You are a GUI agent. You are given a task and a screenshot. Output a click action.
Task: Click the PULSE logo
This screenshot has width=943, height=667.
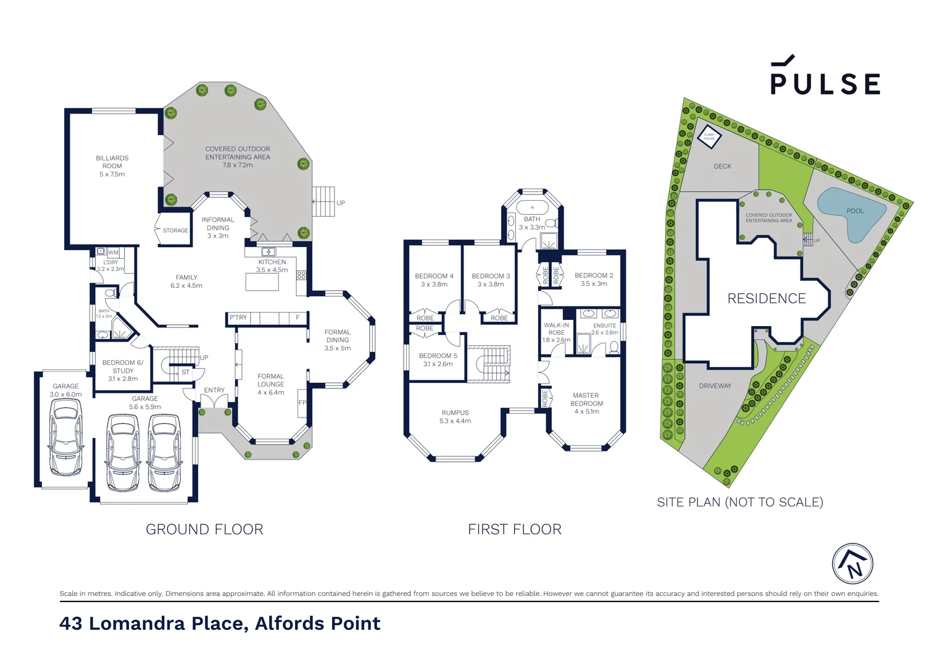tap(825, 77)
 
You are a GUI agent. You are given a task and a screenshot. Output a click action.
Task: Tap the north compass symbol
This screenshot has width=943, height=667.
tap(852, 564)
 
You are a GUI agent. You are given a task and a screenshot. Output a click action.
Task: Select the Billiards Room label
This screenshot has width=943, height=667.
tap(112, 166)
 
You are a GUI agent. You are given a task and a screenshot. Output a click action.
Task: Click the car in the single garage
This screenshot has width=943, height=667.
tap(65, 436)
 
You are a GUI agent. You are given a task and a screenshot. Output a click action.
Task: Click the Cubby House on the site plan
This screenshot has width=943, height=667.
tap(709, 136)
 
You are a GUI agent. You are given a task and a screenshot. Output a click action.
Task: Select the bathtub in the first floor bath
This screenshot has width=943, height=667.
tap(532, 207)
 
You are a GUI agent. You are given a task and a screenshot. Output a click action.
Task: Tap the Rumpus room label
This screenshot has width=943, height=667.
tap(455, 417)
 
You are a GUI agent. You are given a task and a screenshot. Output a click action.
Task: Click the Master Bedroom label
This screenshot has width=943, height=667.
tap(586, 403)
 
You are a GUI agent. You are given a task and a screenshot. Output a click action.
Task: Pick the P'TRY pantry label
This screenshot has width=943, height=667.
tap(238, 317)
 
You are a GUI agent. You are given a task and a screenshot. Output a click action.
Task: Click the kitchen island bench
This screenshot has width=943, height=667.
tap(262, 282)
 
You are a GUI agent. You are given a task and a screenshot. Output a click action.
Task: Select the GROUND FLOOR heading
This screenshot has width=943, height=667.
tap(204, 529)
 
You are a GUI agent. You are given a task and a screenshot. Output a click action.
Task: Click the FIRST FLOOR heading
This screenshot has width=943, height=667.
tap(515, 529)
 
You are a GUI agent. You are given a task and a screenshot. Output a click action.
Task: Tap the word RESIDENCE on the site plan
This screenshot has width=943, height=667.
tap(766, 299)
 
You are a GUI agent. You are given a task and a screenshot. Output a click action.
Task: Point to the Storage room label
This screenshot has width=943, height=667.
tap(175, 230)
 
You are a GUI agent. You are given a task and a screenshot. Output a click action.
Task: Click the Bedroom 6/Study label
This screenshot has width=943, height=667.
tap(123, 371)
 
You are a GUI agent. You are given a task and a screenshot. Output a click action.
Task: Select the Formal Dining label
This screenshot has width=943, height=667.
tap(338, 340)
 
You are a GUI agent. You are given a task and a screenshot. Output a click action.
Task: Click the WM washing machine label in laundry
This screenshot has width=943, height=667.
tap(114, 253)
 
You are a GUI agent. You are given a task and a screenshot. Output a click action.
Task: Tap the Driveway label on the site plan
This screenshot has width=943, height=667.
tap(715, 386)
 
